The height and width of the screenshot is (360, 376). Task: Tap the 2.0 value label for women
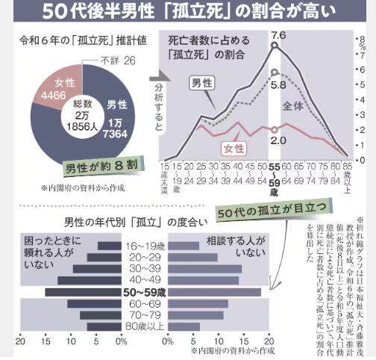pos(278,140)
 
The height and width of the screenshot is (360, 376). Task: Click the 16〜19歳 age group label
pos(144,245)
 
